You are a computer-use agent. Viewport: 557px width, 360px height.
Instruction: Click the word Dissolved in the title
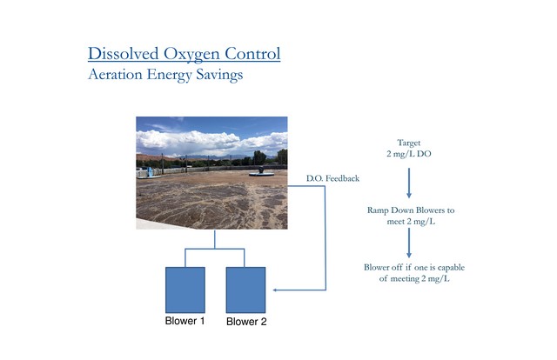(x=124, y=54)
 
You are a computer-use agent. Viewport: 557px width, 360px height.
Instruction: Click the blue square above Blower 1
(x=185, y=290)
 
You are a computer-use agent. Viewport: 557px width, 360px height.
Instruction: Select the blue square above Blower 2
(x=245, y=290)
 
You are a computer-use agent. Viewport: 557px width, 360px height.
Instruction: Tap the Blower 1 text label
(x=185, y=321)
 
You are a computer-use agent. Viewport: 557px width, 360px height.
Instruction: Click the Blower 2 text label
(x=246, y=322)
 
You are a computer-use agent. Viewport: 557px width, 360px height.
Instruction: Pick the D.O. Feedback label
(x=332, y=178)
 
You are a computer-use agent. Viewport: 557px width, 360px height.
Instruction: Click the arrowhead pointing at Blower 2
(x=275, y=290)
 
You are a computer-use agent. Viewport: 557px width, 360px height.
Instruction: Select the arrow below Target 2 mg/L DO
(x=409, y=183)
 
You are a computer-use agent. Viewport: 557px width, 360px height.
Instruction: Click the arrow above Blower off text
(x=409, y=243)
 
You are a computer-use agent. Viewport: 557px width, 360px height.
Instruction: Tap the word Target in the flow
(x=409, y=143)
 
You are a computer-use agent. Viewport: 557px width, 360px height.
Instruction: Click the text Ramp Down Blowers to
(x=411, y=210)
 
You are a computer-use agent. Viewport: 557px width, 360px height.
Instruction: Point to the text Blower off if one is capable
(x=414, y=267)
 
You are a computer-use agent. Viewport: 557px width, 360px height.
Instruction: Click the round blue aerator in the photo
(x=262, y=172)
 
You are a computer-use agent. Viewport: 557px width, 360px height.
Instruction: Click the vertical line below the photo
(x=215, y=239)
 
